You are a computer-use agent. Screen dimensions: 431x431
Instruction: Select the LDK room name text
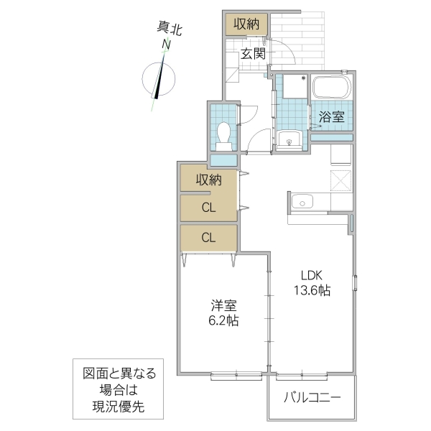click(310, 274)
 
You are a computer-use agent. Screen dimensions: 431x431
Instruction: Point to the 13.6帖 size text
click(310, 291)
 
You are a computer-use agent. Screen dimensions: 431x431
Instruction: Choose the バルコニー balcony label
click(312, 397)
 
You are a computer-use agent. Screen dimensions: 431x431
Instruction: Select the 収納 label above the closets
click(208, 178)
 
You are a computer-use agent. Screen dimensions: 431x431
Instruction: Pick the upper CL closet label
click(208, 208)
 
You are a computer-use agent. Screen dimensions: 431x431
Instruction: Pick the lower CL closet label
click(208, 236)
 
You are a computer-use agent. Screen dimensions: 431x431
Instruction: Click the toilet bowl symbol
click(223, 133)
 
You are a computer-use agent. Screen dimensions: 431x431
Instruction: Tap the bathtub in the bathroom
click(331, 89)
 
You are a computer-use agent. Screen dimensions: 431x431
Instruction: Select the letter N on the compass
click(166, 46)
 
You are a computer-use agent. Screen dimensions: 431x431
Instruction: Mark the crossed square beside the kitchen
click(340, 180)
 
